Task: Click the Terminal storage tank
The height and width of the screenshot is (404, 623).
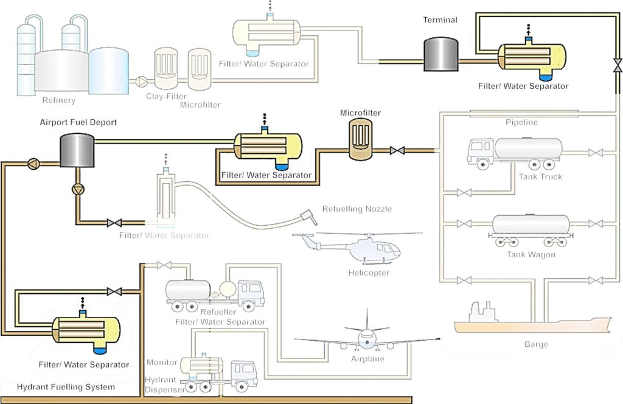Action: (440, 54)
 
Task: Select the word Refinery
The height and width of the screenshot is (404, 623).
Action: (59, 100)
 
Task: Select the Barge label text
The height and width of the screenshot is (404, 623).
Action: (536, 344)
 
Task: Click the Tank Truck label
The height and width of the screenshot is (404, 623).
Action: (540, 177)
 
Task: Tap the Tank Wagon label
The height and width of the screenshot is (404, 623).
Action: (531, 254)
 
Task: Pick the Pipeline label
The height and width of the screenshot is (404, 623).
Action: (522, 122)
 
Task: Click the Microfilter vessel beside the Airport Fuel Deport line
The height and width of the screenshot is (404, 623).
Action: (360, 139)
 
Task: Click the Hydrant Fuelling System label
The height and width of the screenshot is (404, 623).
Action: (66, 387)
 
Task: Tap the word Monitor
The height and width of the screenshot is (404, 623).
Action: (162, 363)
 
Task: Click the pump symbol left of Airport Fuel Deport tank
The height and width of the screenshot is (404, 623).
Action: (34, 162)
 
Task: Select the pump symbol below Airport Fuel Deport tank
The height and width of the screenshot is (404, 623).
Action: (77, 189)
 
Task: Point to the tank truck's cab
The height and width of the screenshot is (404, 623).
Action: (481, 151)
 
